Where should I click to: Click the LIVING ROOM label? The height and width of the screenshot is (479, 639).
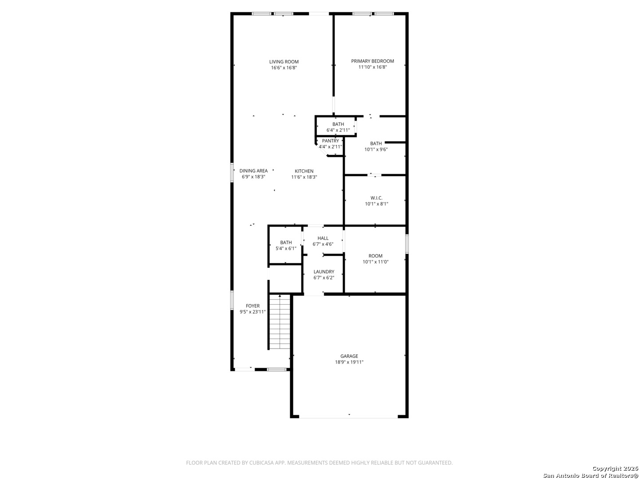click(284, 62)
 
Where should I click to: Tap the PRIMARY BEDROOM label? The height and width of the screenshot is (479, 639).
click(372, 61)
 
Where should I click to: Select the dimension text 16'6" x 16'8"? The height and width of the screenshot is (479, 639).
click(284, 68)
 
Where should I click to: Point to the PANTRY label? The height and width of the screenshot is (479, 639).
click(330, 141)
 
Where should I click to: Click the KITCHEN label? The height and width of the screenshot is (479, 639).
click(304, 171)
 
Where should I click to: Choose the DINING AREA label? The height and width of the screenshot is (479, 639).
click(253, 171)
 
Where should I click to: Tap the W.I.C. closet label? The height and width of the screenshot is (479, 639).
click(376, 198)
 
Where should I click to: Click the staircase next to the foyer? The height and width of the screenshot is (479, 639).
click(280, 322)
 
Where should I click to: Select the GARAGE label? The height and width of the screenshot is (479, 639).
click(349, 356)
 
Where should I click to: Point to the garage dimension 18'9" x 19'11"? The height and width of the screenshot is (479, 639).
click(349, 362)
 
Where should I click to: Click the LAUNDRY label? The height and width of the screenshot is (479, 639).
click(324, 271)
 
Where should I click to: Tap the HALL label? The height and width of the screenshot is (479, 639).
click(323, 238)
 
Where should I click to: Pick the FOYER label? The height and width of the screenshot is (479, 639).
click(252, 306)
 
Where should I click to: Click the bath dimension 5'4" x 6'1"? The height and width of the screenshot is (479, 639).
click(286, 248)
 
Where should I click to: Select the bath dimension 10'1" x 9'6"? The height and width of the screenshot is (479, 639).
click(376, 149)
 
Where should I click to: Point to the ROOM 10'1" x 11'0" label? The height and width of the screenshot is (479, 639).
click(375, 259)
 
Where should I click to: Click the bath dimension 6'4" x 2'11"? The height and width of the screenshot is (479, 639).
click(338, 130)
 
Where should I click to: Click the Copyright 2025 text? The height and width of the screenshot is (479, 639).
click(615, 468)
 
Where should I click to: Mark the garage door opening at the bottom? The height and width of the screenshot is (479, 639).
click(348, 418)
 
